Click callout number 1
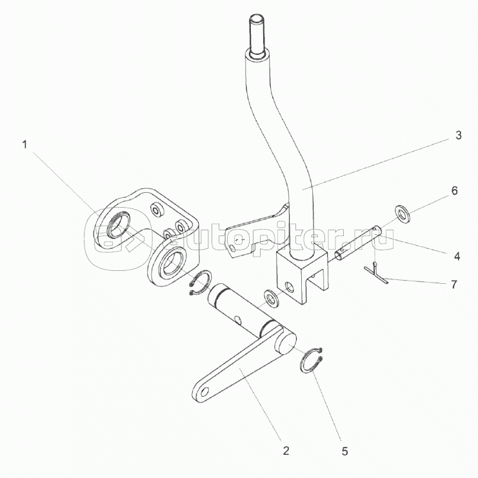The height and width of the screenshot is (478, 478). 25,144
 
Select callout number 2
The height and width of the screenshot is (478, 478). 286,450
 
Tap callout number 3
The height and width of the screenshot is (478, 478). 458,135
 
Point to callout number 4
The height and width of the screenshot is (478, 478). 457,256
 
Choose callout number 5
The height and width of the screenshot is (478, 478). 344,452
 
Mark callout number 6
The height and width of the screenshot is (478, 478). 455,191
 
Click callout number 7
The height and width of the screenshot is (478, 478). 454,284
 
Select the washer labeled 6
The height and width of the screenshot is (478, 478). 403,213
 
